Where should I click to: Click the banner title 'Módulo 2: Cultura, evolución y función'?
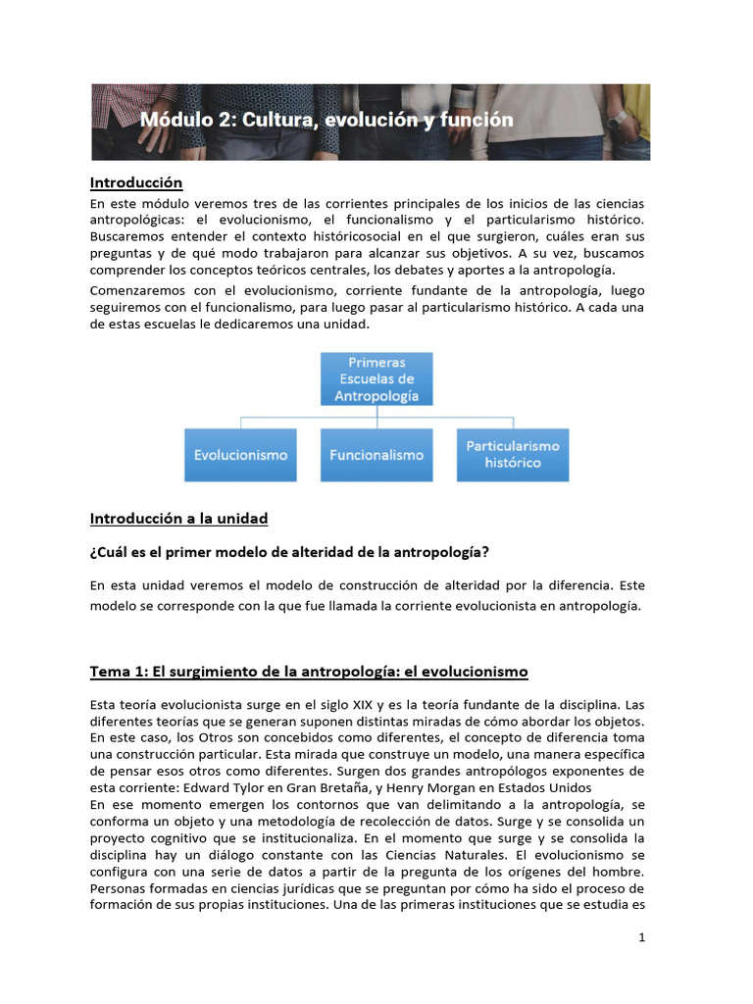(326, 121)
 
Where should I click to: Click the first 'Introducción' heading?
(136, 182)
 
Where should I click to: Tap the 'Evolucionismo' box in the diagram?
(241, 455)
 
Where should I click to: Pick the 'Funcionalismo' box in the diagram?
(376, 455)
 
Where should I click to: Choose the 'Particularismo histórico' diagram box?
(513, 454)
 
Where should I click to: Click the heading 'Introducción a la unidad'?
(178, 518)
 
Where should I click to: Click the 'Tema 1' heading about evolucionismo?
(309, 672)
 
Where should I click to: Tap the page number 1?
(642, 937)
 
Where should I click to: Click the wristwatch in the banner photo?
(617, 120)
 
